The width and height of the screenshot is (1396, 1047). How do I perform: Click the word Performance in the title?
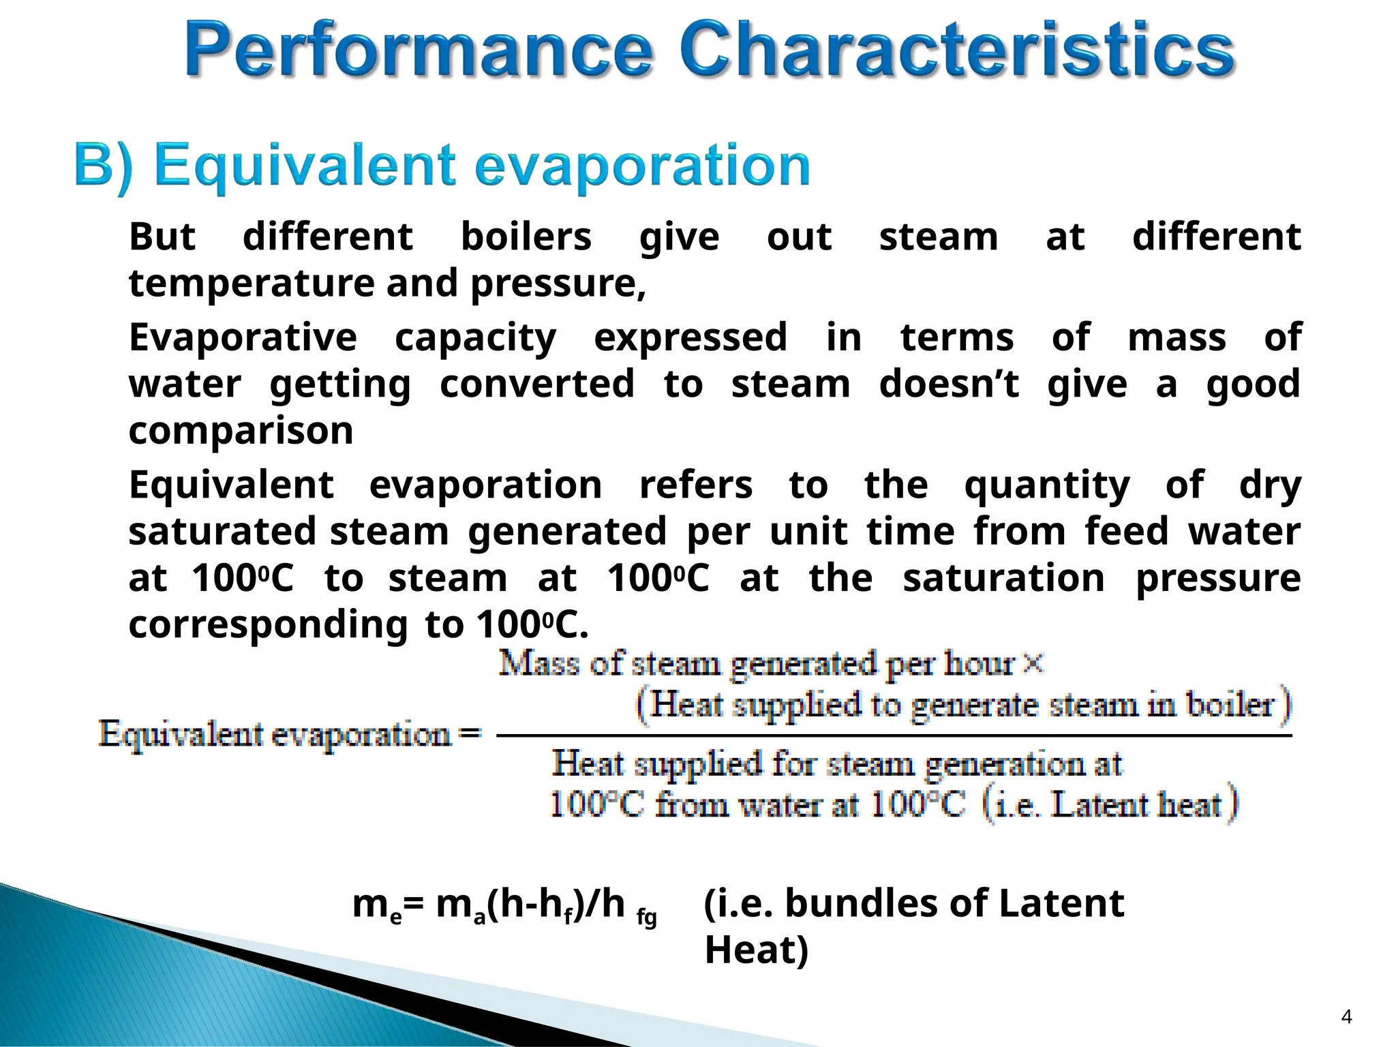(x=418, y=49)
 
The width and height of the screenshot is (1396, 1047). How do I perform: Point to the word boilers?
(x=526, y=237)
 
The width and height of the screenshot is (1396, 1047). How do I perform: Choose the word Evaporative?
(x=243, y=337)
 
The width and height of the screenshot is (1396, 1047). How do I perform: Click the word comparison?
(x=241, y=431)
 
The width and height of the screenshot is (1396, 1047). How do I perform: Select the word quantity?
(x=1047, y=485)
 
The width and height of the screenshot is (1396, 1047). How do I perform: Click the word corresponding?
(x=269, y=625)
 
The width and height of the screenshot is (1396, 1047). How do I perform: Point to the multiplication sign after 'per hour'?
(x=1033, y=663)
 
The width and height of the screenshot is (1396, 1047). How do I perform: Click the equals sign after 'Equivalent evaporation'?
(x=470, y=733)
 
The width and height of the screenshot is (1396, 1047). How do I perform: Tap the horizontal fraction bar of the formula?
(x=893, y=736)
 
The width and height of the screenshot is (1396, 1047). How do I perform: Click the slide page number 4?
(x=1346, y=1017)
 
